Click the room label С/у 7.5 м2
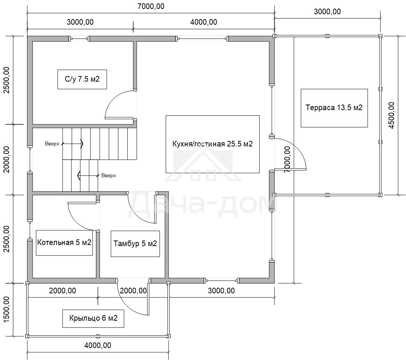[x=82, y=79]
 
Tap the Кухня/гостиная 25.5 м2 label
[x=212, y=144]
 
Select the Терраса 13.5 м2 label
[x=334, y=108]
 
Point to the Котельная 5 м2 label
[x=64, y=242]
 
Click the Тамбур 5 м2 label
[x=135, y=243]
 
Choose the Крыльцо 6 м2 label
[x=93, y=318]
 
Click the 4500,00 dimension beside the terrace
[x=391, y=115]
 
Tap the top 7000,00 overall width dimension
[x=151, y=6]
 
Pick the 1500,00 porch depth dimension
[x=6, y=310]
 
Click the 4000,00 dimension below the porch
[x=98, y=345]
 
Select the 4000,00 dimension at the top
[x=203, y=22]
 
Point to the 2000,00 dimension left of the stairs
[x=6, y=160]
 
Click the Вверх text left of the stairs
[x=52, y=144]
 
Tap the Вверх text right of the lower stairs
[x=109, y=176]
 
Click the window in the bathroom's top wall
[x=79, y=39]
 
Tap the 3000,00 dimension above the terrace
[x=327, y=12]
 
